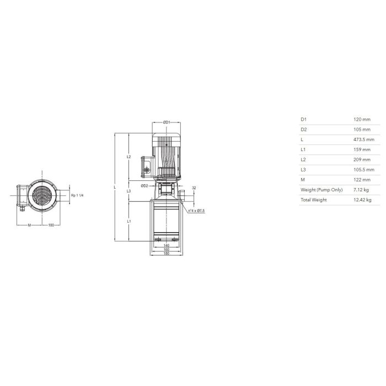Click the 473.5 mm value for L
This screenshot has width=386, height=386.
(364, 140)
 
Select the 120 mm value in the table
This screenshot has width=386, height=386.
(362, 120)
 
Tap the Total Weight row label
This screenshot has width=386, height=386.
(314, 200)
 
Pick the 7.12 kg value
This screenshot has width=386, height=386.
(361, 190)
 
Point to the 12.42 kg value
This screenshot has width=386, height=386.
(362, 200)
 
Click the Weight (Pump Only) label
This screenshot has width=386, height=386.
(321, 190)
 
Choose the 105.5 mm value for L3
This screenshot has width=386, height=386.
(364, 170)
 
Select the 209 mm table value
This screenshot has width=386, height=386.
(362, 159)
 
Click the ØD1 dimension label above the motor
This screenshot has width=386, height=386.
(167, 122)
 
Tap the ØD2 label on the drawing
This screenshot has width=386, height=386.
(144, 186)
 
